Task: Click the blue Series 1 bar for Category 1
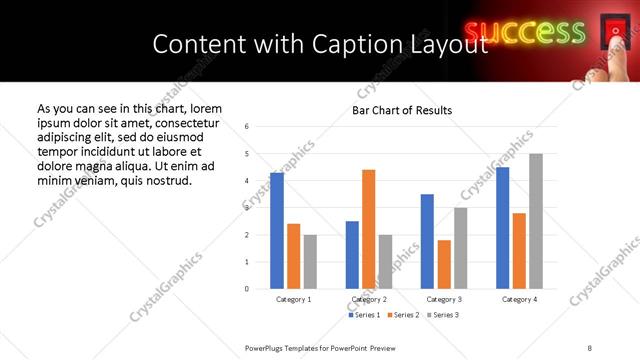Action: coord(277,231)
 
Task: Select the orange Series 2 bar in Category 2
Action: coord(369,229)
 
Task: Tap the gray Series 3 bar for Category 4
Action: coord(536,221)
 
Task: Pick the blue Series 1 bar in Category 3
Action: coord(427,241)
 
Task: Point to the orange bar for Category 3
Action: coord(444,264)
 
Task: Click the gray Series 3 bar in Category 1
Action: coord(310,261)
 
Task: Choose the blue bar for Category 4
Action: coord(502,228)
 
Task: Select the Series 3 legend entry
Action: coord(443,315)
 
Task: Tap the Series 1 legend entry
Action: coord(362,315)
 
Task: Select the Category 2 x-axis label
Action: coord(369,299)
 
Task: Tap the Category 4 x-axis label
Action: coord(519,299)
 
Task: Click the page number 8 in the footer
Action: coord(589,347)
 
